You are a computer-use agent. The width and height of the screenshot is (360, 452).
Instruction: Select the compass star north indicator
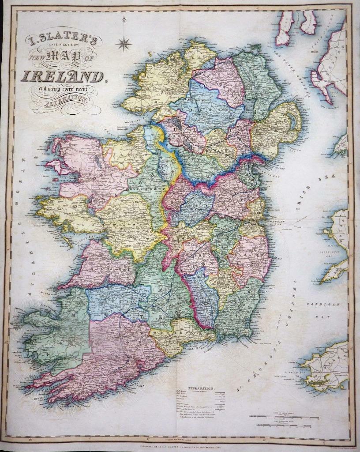pos(124,43)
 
